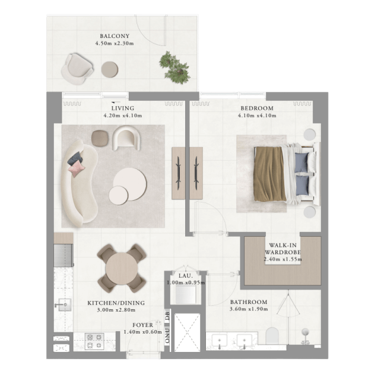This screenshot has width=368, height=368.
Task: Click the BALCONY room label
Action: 115,36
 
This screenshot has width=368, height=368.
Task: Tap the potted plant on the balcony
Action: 175,68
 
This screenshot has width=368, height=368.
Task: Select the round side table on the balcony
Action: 110,69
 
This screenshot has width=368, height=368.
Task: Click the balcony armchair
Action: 77,69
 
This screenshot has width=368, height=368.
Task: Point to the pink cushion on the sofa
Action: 77,169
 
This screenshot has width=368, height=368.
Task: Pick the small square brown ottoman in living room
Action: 100,138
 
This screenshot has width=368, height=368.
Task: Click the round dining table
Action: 121,268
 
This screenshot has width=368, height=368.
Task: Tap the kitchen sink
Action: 65,304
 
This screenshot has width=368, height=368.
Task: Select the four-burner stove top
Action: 94,341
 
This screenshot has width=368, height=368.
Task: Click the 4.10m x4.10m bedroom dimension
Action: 257,116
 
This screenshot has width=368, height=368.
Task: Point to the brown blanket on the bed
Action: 269,174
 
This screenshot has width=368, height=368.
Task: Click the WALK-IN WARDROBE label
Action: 283,249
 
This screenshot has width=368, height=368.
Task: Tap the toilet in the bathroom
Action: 272,336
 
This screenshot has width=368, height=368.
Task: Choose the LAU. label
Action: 185,276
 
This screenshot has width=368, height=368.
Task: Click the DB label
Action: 167,315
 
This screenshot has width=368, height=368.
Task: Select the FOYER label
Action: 142,325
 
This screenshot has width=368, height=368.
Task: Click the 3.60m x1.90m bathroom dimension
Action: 249,309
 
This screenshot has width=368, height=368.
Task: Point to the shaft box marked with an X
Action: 187,332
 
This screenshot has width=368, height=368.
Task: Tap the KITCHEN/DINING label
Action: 116,303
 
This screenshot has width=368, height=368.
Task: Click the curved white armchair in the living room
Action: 127,137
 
